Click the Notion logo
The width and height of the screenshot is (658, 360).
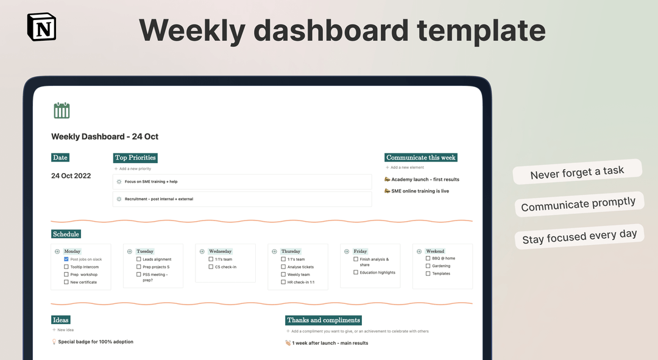click(x=41, y=27)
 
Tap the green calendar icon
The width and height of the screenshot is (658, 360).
click(x=62, y=110)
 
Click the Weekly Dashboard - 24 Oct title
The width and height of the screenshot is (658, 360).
click(x=105, y=136)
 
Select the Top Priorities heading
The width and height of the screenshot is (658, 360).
click(x=135, y=158)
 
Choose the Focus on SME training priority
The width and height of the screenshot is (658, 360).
click(x=151, y=182)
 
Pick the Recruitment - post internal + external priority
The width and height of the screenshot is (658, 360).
click(x=158, y=199)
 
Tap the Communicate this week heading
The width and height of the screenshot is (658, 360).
click(x=420, y=158)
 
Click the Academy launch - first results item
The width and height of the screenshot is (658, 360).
click(x=422, y=180)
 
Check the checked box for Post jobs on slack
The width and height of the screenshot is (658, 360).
click(x=66, y=259)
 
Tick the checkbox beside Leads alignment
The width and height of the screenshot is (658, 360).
click(x=139, y=259)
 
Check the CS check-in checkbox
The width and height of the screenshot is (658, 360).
click(x=211, y=267)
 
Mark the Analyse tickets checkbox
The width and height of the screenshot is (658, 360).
click(x=283, y=267)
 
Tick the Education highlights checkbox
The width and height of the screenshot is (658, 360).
click(x=356, y=273)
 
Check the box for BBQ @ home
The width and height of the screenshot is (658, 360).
click(x=428, y=258)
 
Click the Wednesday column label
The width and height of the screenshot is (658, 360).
click(x=220, y=251)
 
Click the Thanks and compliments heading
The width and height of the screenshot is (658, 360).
click(x=324, y=320)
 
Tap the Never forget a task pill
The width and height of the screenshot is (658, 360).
click(x=577, y=172)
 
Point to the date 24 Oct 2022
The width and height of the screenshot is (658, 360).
click(x=71, y=176)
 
